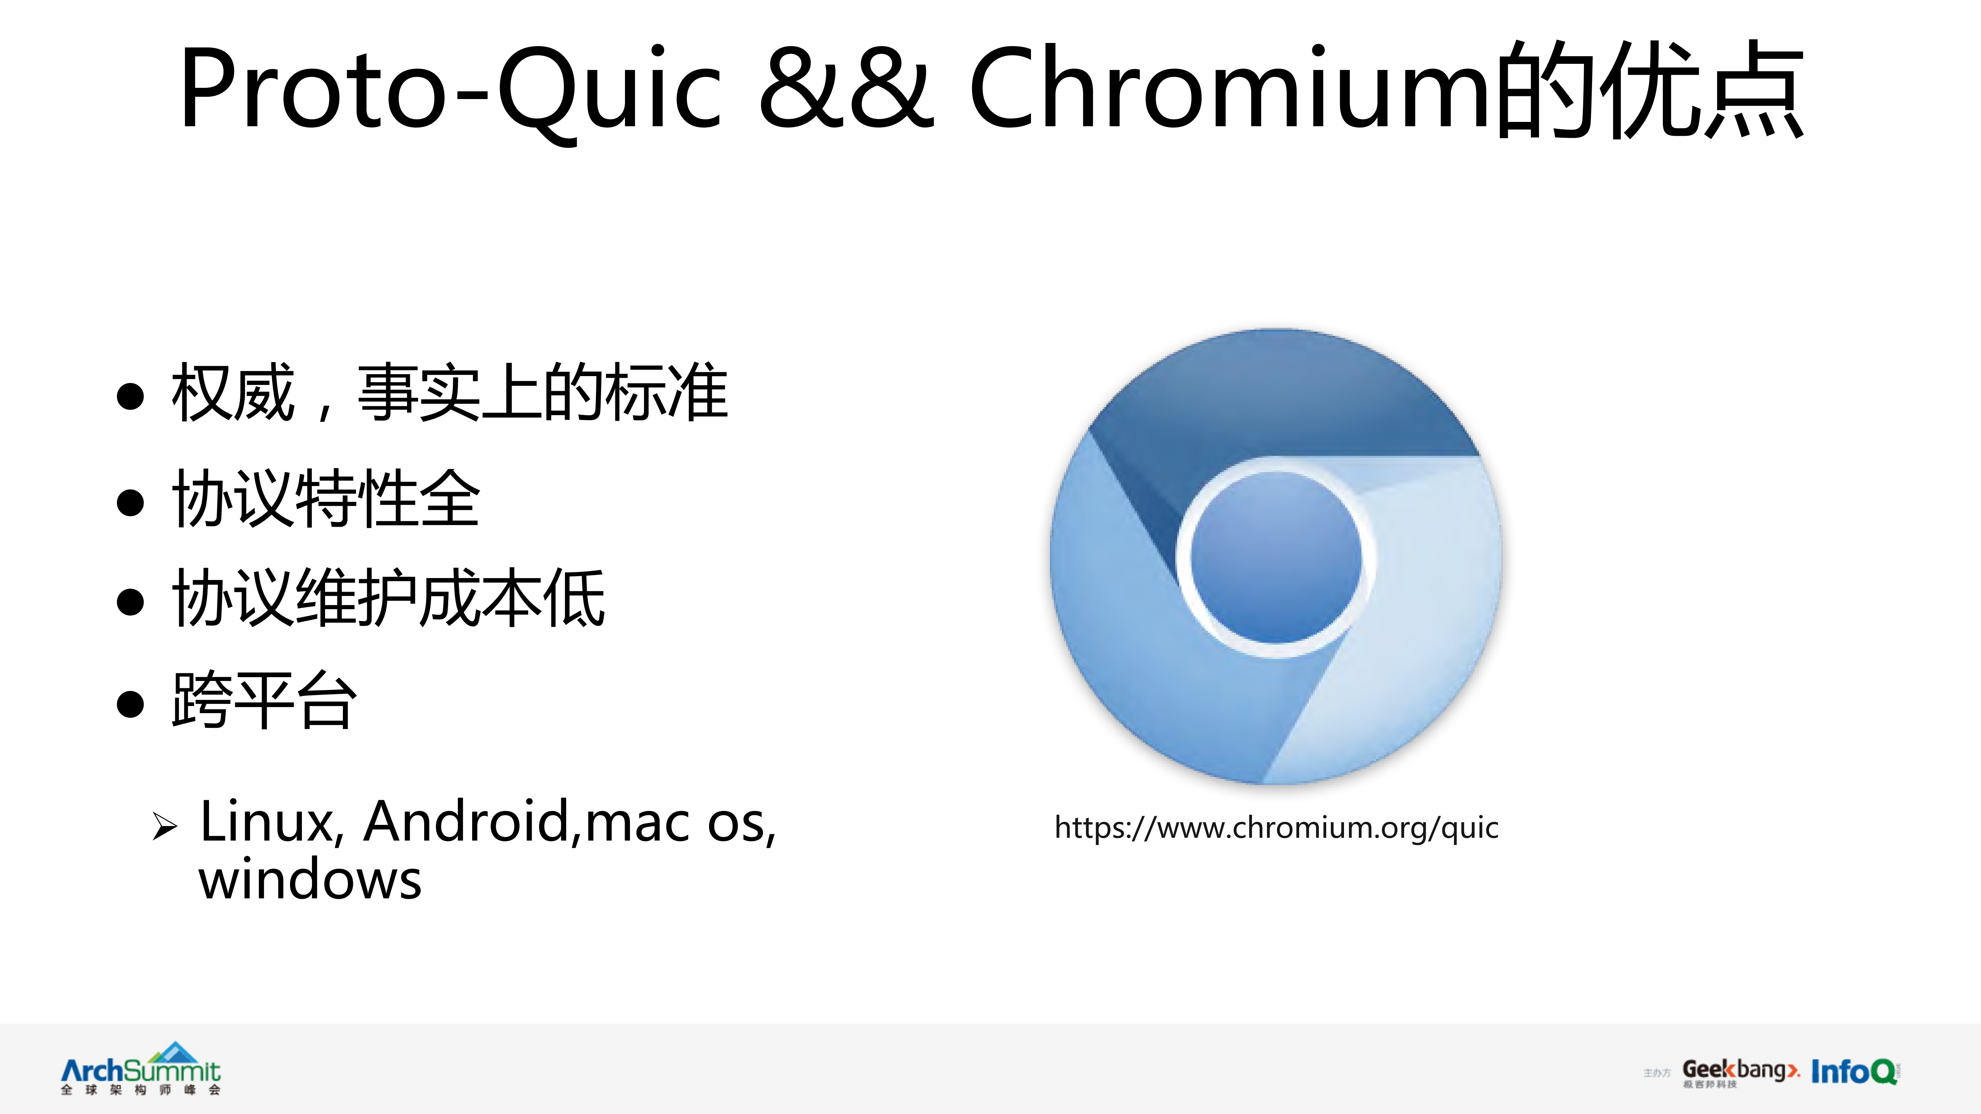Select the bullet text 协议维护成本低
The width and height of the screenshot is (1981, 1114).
[389, 600]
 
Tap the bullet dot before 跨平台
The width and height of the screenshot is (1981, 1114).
[131, 703]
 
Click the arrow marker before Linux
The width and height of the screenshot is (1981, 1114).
[164, 827]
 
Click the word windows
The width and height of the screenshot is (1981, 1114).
[310, 880]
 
